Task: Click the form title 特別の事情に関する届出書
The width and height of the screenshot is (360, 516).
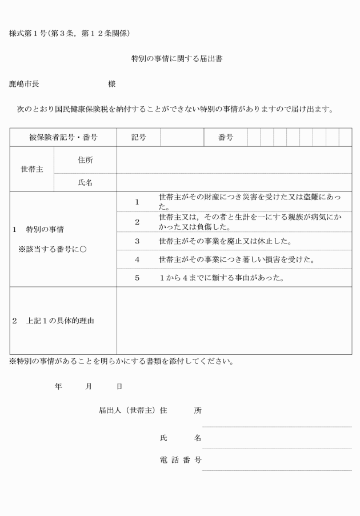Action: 176,58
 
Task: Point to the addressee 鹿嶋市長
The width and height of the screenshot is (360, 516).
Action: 24,84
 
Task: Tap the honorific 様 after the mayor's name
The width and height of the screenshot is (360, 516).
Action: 111,84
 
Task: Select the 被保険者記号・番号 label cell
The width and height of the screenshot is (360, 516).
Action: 63,137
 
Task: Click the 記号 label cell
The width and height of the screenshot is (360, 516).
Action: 138,137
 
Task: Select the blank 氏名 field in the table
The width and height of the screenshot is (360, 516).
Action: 234,182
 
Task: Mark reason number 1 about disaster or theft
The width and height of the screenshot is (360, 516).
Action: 137,202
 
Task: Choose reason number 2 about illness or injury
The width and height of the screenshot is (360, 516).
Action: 137,222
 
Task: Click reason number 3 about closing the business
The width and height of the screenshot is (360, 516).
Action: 137,241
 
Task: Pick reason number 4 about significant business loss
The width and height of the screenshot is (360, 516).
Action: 137,259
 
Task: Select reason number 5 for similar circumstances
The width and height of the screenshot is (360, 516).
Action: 137,278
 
